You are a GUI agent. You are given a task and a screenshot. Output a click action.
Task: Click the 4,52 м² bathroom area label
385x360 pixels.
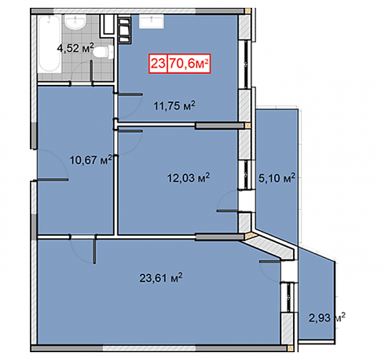point(75,48)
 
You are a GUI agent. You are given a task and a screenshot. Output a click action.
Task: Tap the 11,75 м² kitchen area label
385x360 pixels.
point(174,105)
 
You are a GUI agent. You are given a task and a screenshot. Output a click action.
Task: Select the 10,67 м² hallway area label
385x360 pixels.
point(90,160)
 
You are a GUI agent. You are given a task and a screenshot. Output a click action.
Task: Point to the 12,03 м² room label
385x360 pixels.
point(189,178)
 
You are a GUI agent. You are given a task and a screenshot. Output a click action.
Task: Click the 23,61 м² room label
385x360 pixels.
point(161,277)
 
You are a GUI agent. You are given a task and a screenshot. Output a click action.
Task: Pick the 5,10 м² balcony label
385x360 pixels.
point(277,178)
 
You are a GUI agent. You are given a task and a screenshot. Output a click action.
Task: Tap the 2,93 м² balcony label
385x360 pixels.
point(327,318)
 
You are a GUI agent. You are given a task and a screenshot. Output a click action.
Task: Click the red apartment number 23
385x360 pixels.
point(158,64)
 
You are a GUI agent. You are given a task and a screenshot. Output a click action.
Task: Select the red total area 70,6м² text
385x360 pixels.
point(189,64)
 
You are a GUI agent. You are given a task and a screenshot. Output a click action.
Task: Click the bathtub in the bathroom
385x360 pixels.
point(49,43)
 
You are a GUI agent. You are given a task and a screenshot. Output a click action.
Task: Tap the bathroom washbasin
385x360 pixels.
point(75,22)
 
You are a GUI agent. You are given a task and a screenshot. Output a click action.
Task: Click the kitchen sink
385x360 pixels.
point(152,21)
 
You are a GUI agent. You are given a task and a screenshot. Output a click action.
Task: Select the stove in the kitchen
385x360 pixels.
point(124,29)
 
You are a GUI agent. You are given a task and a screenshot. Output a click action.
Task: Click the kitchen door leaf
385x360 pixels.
point(130,94)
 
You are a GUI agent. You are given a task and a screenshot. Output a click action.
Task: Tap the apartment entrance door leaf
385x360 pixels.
point(53,180)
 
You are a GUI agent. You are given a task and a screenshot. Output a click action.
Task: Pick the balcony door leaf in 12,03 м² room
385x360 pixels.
point(227,211)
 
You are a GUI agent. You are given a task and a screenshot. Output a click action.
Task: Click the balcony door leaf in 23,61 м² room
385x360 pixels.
point(270,261)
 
